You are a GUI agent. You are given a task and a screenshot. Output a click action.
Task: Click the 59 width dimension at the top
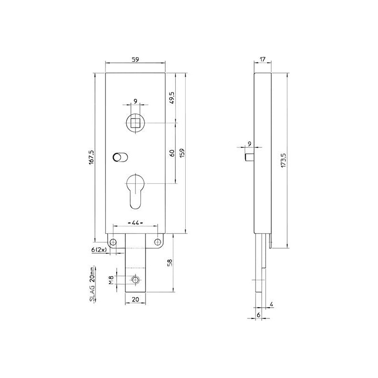pos(135,60)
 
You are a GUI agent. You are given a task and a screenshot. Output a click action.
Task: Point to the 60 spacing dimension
pos(172,153)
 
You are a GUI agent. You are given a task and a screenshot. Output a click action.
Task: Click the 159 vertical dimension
pos(181,153)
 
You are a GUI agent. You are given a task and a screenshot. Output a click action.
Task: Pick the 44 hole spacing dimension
pos(135,222)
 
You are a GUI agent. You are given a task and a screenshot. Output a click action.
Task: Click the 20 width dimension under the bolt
pos(135,299)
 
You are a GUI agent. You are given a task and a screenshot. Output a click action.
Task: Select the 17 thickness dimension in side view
pos(263,60)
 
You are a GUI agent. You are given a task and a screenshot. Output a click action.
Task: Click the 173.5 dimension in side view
pos(283,161)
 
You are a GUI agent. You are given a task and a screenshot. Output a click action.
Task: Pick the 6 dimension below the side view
pos(258,314)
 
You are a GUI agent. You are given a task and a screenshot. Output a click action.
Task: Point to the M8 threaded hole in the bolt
pos(136,280)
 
